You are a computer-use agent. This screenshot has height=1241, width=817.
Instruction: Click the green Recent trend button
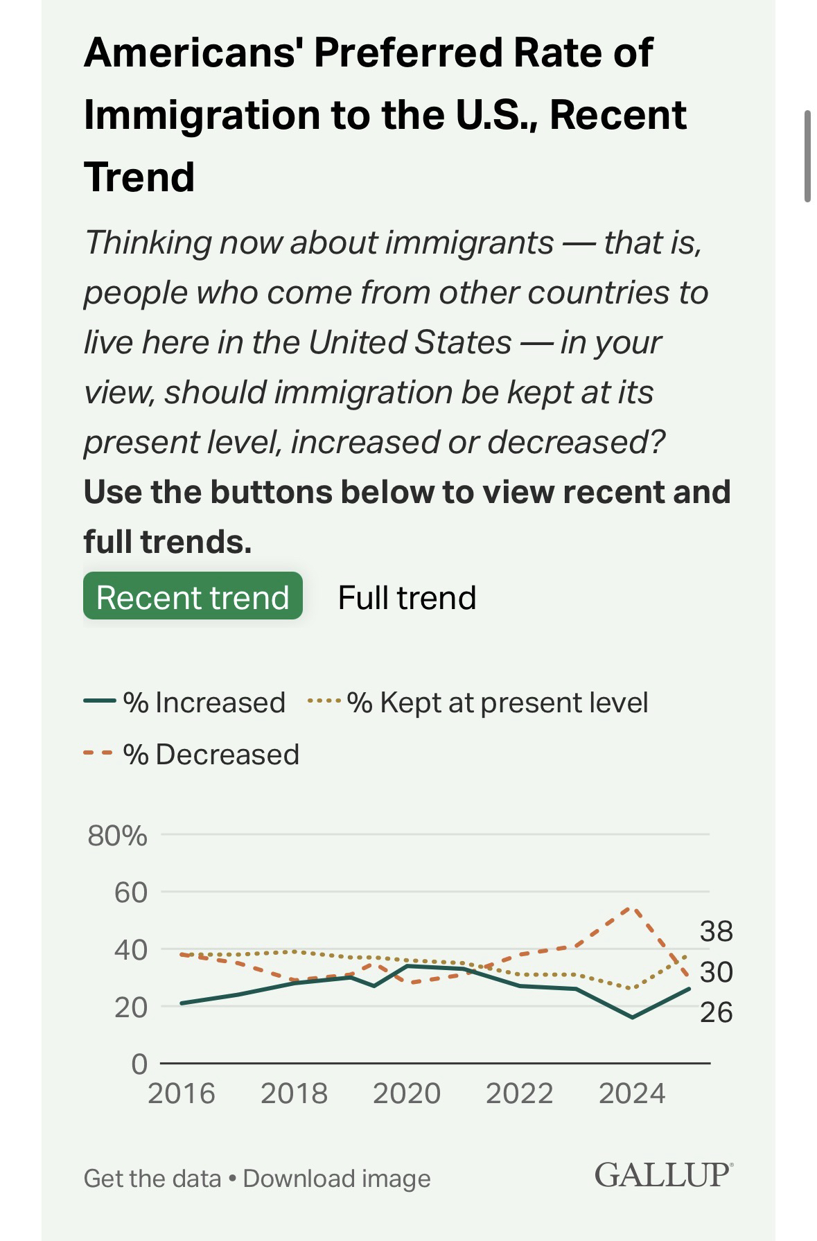pos(193,597)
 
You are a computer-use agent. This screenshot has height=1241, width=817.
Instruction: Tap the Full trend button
pos(407,597)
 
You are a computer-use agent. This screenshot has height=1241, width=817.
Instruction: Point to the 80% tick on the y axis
pos(117,836)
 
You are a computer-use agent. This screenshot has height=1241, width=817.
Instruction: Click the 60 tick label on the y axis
pos(131,892)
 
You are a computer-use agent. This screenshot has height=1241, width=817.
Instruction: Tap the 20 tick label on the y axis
pos(131,1007)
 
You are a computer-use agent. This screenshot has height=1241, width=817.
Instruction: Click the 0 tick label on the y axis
pos(139,1064)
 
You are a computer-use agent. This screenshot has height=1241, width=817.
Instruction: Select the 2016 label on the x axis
pos(182,1093)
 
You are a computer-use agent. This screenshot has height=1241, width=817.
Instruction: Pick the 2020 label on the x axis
pos(407,1093)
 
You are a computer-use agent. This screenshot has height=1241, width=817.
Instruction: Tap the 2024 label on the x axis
pos(632,1093)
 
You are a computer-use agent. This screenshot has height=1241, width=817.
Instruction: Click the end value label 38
pos(716,931)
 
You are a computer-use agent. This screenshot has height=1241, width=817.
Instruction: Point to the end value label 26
pos(716,1012)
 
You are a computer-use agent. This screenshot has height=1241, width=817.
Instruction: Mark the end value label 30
pos(716,972)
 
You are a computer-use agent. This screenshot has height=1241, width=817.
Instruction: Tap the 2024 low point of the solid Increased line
pos(632,1017)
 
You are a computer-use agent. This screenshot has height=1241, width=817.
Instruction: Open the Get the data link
pos(152,1178)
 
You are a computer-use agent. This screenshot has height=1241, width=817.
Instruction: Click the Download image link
pos(337,1178)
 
